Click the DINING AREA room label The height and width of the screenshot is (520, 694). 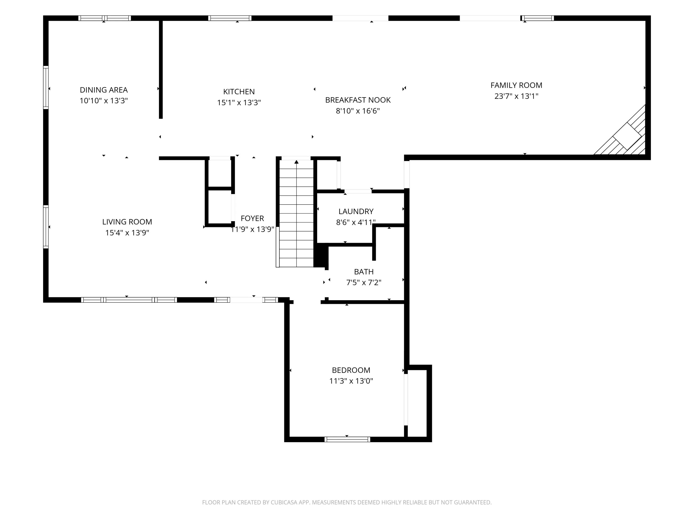tap(104, 90)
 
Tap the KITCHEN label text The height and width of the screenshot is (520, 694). tap(239, 92)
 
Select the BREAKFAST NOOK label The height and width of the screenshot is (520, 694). tap(358, 100)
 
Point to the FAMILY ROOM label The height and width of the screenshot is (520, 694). tap(516, 85)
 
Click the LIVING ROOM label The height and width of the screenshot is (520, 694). tap(127, 222)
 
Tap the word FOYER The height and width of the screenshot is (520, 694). tap(252, 218)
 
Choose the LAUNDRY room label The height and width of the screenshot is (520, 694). tap(356, 211)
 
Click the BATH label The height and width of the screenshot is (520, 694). tap(364, 272)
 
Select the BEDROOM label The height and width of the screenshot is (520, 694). tap(351, 370)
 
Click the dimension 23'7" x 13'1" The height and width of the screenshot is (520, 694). tap(516, 96)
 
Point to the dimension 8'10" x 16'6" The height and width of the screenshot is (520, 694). tap(358, 111)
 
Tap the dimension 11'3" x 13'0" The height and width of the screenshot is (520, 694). tap(351, 381)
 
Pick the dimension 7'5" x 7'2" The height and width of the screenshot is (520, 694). tap(364, 283)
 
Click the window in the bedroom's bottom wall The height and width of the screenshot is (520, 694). tap(347, 439)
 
